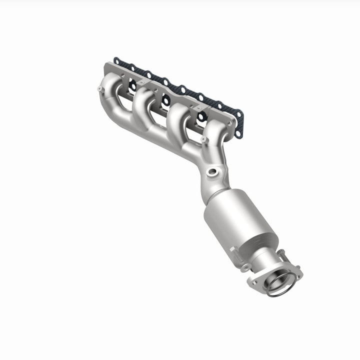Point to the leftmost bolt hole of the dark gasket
[116, 61]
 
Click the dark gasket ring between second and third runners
[164, 100]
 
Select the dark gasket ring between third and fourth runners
[200, 116]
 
